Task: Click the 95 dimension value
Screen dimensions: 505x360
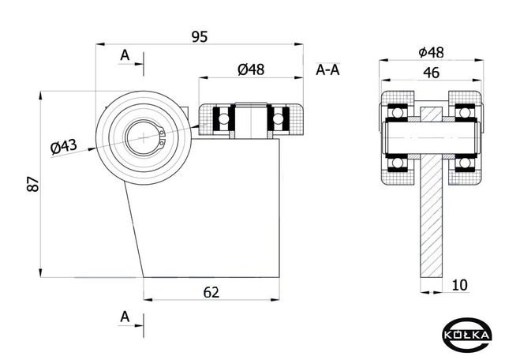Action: coord(200,37)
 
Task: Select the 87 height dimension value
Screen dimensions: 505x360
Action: coord(33,184)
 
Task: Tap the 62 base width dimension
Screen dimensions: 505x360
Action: coord(211,292)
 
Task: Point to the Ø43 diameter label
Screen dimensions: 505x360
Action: coord(64,146)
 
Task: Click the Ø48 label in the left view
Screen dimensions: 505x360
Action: coord(251,69)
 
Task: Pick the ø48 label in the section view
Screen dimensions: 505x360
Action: coord(431,52)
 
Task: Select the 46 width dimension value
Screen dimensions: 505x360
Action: coord(432,73)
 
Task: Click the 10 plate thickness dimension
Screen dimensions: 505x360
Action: coord(460,285)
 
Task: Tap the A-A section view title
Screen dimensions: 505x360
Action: coord(327,69)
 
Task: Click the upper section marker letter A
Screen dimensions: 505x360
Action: coord(125,55)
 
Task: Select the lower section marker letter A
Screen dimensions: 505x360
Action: coord(125,317)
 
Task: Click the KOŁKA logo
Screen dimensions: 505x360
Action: coord(467,335)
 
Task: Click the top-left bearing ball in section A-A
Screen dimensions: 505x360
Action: coord(398,112)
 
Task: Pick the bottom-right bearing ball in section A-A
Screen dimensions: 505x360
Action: coord(464,163)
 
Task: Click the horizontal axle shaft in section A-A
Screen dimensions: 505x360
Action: coord(432,137)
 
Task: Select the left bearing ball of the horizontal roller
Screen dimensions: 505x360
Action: coord(223,119)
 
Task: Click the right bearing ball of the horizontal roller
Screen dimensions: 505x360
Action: coord(278,119)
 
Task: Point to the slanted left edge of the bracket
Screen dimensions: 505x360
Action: coord(134,230)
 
